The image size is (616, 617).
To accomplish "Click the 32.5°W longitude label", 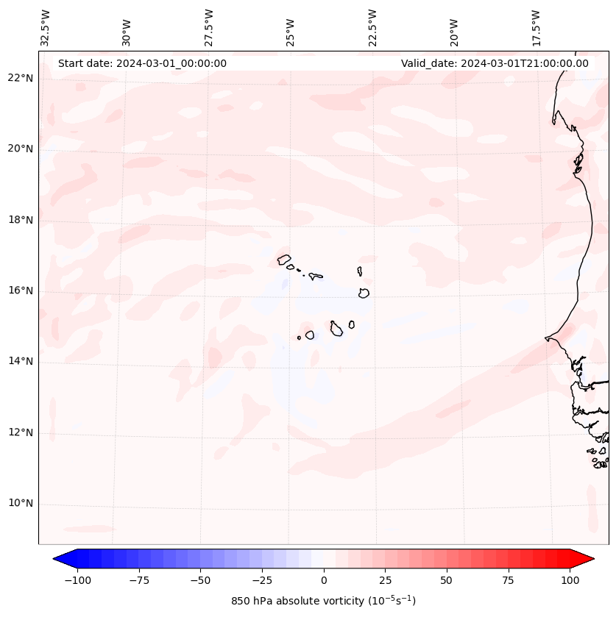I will pyautogui.click(x=46, y=27).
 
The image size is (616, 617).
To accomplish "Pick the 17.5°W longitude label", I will pyautogui.click(x=537, y=27).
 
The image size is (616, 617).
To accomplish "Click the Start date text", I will pyautogui.click(x=142, y=63).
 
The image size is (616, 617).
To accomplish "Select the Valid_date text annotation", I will pyautogui.click(x=495, y=63).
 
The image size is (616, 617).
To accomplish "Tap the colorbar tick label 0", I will pyautogui.click(x=324, y=580).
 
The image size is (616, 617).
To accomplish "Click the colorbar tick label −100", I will pyautogui.click(x=77, y=580).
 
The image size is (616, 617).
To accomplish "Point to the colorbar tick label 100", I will pyautogui.click(x=570, y=580).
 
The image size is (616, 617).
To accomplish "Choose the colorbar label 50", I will pyautogui.click(x=447, y=580).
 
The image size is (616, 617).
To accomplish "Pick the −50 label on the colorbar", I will pyautogui.click(x=200, y=580).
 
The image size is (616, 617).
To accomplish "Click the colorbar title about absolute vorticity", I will pyautogui.click(x=324, y=601).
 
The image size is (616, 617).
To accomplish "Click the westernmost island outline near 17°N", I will pyautogui.click(x=284, y=259).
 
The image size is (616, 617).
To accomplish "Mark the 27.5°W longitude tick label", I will pyautogui.click(x=209, y=27).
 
